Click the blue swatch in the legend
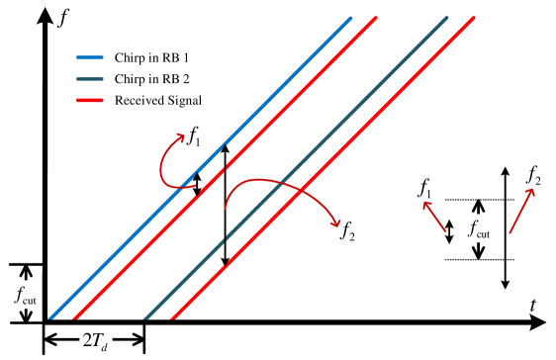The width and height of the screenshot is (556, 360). tap(90, 58)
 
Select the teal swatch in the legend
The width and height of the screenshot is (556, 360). tap(90, 79)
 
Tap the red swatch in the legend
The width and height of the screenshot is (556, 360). tap(90, 100)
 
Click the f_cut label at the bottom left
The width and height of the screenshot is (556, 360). tap(26, 295)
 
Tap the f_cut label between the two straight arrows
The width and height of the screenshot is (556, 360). tap(479, 228)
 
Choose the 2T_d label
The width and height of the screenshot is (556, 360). tap(96, 340)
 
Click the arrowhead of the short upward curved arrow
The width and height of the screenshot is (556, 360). tap(181, 136)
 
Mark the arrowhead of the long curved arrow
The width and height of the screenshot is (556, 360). tap(337, 224)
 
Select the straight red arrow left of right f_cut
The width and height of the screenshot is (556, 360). tap(434, 217)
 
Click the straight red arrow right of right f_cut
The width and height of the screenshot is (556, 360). tap(522, 211)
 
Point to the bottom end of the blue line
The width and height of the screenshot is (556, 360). tap(49, 318)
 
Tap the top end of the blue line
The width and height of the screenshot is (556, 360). tap(351, 18)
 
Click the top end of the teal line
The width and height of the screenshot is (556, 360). tap(447, 18)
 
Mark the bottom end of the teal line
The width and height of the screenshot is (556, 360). tap(145, 318)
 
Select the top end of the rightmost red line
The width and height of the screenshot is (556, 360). tap(475, 18)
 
